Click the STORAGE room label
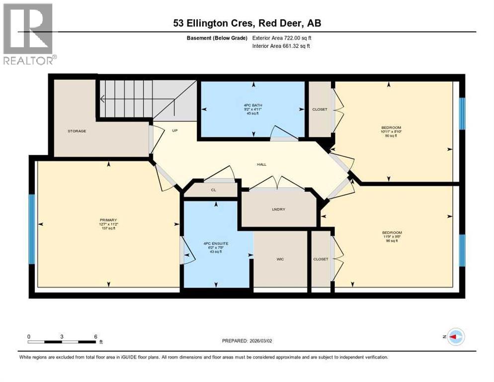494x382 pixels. tap(77, 131)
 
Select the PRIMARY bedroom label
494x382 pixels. tap(108, 220)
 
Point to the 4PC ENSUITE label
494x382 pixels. tap(216, 243)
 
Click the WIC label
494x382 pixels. tap(280, 259)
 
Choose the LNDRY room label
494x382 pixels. tap(279, 209)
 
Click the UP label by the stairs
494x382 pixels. tap(174, 131)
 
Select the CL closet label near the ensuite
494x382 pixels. tap(213, 190)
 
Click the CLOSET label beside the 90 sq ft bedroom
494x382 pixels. tap(320, 109)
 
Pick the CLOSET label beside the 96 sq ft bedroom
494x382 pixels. tap(321, 259)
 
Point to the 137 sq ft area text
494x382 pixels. tap(108, 228)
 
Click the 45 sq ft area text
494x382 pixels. tap(253, 113)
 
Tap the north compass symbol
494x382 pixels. tap(455, 337)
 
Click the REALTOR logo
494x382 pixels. tap(29, 34)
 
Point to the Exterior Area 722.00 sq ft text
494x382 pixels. tap(282, 38)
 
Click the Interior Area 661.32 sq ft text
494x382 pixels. tap(282, 46)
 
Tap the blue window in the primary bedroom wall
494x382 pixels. tap(32, 229)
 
